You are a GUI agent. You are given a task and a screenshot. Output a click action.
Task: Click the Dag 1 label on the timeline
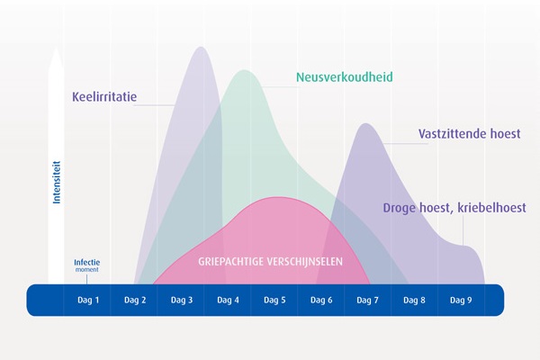[87, 300]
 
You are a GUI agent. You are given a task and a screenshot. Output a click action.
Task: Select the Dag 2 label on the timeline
[134, 300]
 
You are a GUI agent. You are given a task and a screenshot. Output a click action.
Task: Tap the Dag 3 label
[181, 300]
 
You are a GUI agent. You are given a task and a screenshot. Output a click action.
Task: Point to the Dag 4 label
[228, 300]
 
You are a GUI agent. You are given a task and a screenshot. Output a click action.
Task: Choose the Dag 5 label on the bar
[274, 300]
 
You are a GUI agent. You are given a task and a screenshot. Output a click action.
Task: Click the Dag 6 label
[321, 300]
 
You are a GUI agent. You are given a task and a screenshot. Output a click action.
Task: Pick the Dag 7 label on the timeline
[368, 300]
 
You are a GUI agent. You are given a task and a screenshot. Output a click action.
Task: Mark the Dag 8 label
[415, 300]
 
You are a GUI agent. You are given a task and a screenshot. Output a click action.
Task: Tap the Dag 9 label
[461, 300]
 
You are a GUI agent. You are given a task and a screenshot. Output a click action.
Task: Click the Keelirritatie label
[104, 95]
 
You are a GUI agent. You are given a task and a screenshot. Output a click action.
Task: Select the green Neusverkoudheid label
[345, 76]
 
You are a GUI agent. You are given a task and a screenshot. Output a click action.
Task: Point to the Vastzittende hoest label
[469, 134]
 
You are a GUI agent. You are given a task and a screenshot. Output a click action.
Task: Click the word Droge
[400, 208]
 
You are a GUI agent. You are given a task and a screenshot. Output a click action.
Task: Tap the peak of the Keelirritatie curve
[199, 47]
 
